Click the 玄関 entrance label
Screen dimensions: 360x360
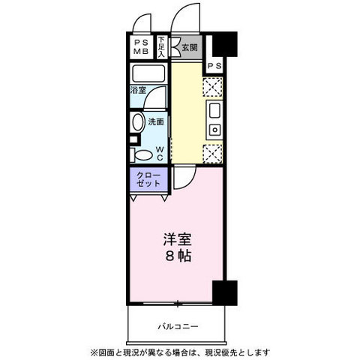[x=190, y=47]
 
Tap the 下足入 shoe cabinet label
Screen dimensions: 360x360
[x=161, y=47]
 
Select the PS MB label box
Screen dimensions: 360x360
[x=140, y=47]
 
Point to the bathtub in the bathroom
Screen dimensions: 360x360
[x=148, y=74]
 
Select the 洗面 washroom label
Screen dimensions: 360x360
[x=154, y=121]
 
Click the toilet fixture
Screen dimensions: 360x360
[x=140, y=154]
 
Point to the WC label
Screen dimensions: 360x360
[x=160, y=153]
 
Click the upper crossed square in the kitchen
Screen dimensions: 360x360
[x=213, y=87]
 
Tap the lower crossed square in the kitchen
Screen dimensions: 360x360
[x=213, y=153]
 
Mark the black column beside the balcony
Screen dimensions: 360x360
[x=223, y=292]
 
